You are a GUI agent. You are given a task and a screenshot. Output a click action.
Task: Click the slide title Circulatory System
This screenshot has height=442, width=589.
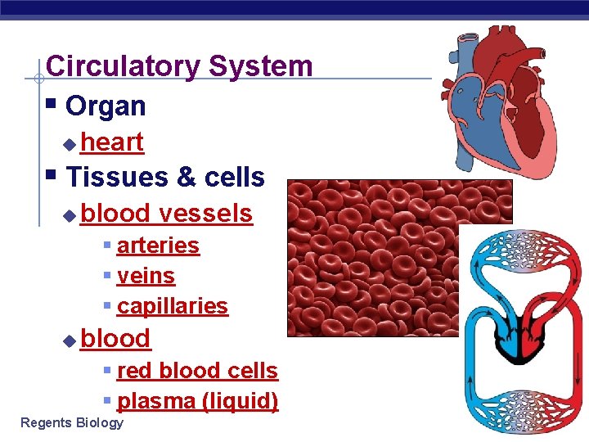click(179, 66)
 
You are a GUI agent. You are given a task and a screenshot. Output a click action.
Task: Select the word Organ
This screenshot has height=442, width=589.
click(105, 106)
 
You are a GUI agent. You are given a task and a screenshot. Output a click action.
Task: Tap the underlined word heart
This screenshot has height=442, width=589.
click(112, 142)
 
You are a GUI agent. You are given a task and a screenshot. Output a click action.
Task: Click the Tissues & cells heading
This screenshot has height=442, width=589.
click(164, 177)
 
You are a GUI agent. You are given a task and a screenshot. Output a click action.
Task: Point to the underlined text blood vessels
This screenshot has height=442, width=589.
click(167, 214)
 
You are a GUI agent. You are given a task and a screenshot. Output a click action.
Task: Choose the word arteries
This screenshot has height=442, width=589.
click(158, 246)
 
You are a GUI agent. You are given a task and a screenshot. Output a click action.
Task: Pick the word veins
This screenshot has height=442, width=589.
click(146, 276)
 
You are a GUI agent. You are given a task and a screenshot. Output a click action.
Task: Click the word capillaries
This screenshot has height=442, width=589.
click(172, 306)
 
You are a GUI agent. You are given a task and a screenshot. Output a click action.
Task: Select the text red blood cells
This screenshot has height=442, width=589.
click(197, 371)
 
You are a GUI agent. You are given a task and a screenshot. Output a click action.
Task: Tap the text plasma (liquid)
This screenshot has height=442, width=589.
click(197, 401)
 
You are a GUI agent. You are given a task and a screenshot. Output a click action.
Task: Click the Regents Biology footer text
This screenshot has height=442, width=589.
click(72, 423)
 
